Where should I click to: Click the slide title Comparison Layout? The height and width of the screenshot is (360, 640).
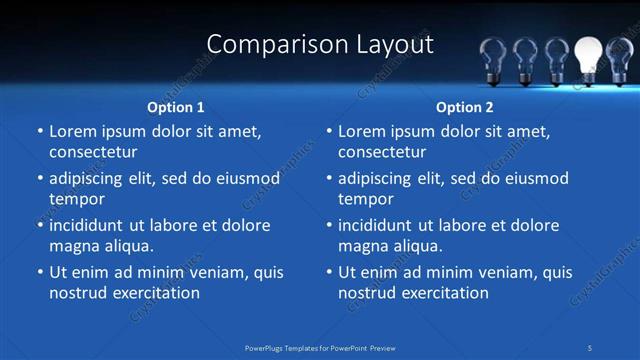point(320,45)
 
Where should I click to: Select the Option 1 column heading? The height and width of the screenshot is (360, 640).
point(176,107)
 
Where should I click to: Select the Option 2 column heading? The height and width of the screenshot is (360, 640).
point(465,107)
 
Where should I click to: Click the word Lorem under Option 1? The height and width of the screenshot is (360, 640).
point(72,131)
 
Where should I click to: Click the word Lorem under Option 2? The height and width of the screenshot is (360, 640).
point(361,131)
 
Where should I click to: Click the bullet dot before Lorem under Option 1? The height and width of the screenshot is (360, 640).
point(39,132)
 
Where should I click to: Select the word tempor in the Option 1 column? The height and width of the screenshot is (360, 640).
point(76,199)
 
